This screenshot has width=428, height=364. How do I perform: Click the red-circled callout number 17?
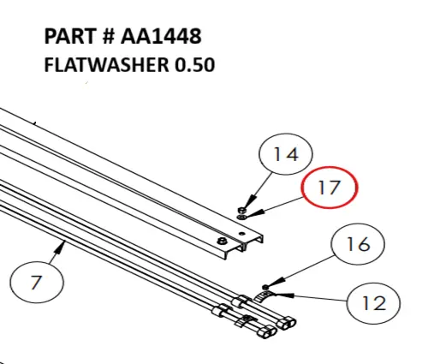pos(330,190)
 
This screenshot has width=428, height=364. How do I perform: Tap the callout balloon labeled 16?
pos(357,245)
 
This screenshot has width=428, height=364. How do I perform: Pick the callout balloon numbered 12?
pos(374,302)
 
